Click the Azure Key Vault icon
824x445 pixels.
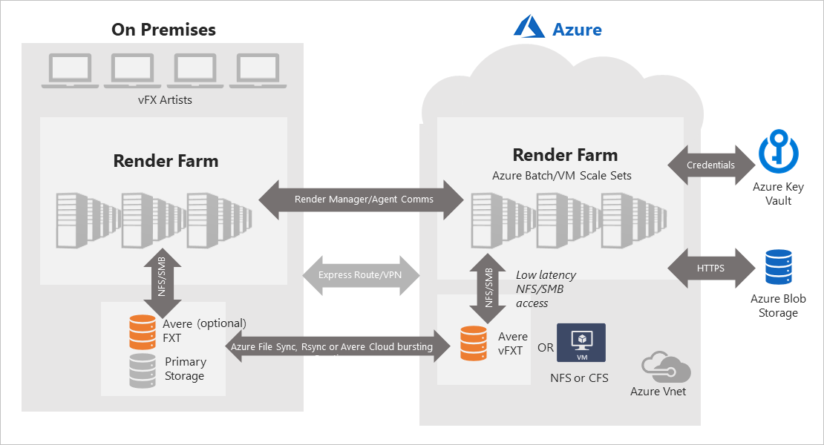(x=777, y=153)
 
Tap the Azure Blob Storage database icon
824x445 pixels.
(x=778, y=267)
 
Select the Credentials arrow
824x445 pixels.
(x=710, y=165)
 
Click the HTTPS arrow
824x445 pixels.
(x=710, y=268)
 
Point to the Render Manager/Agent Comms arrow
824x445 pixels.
(x=362, y=200)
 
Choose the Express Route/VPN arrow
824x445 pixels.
(x=362, y=275)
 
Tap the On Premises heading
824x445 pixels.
(x=163, y=30)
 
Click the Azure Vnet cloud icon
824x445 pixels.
(x=666, y=366)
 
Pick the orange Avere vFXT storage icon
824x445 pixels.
(x=473, y=343)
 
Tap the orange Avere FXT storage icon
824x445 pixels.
(x=143, y=332)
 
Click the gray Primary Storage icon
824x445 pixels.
(x=143, y=370)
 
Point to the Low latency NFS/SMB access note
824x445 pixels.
(x=546, y=289)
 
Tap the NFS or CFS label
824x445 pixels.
(x=579, y=378)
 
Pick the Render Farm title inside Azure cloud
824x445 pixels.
(x=565, y=155)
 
